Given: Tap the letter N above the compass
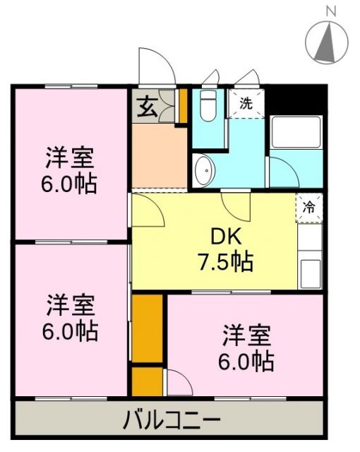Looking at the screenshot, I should pos(330,10).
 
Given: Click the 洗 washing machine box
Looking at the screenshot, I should pos(246,102).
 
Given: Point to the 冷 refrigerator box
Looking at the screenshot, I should pos(309,207).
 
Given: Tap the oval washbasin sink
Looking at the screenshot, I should pos(204,170).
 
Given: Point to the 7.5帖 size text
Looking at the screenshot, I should pos(225,263).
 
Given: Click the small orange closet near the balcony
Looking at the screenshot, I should pos(147,381).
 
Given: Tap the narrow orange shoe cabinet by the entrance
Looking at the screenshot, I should pos(181,105).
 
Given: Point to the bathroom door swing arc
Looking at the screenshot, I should pos(282,174).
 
